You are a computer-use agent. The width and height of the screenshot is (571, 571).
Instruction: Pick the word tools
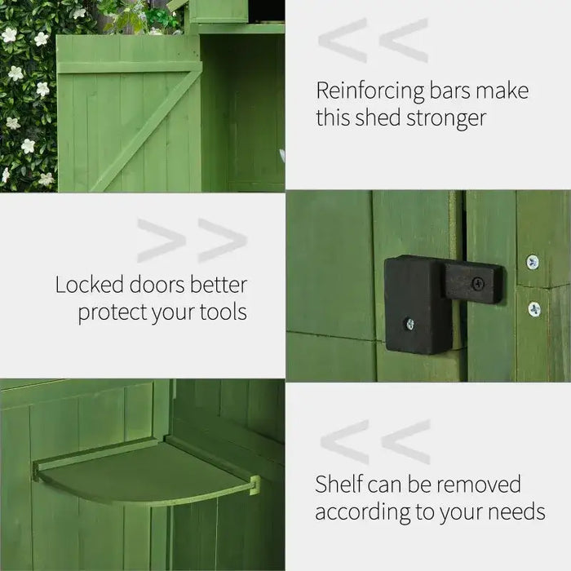[x=220, y=313]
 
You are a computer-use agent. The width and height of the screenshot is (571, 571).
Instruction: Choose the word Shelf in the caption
[x=339, y=484]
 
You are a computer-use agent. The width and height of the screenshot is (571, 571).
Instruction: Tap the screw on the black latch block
[x=409, y=324]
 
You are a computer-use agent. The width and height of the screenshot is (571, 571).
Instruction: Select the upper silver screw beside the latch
[x=533, y=262]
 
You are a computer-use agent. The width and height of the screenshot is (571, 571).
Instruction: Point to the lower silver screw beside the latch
[x=533, y=309]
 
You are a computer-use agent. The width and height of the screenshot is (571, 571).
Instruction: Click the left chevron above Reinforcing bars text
[x=343, y=41]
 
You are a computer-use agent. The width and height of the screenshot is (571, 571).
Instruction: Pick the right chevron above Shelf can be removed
[x=405, y=442]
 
